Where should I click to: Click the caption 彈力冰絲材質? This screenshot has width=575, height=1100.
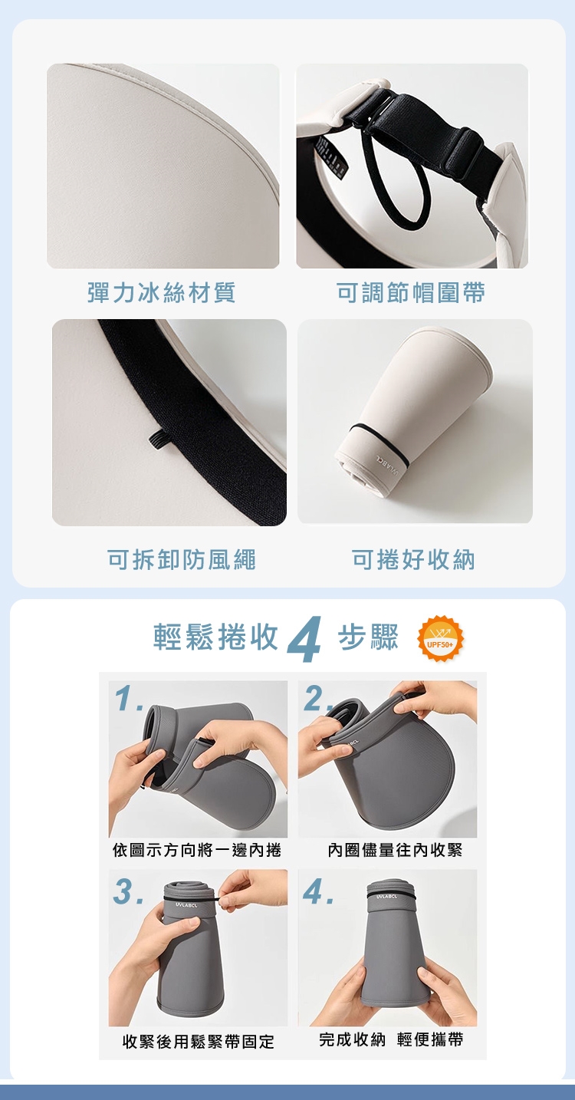162,293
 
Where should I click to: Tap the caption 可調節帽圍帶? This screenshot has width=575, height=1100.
411,293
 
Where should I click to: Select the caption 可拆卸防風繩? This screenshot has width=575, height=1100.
182,559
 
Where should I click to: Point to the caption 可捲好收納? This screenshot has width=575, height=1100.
413,559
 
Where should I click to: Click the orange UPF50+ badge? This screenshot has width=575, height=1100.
440,638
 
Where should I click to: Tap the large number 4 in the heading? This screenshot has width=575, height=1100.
305,639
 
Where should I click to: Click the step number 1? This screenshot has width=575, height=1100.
130,700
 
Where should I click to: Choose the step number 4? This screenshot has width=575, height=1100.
318,891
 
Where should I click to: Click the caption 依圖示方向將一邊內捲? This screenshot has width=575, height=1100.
197,850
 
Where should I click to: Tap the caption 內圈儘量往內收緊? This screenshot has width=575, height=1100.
396,850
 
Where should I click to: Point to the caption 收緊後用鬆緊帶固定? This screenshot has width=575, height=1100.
199,1041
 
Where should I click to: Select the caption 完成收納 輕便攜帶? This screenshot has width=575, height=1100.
391,1039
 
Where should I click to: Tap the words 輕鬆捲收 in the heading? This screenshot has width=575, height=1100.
216,637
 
